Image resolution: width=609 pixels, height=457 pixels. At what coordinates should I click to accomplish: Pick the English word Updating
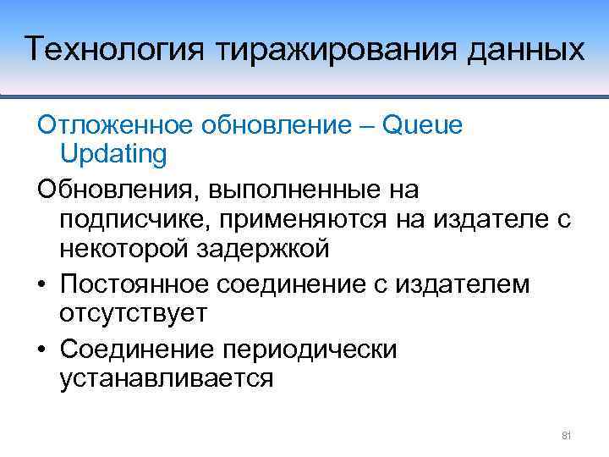tap(112, 154)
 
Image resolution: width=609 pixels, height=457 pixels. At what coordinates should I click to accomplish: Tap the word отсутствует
tap(133, 314)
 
